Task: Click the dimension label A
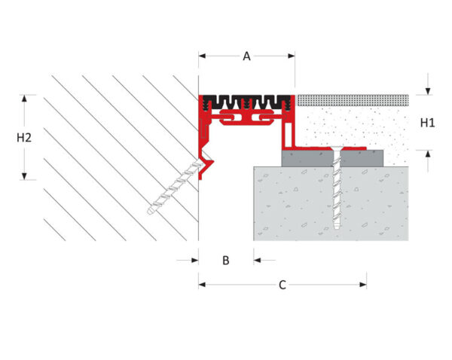tap(246, 56)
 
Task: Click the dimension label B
tap(226, 261)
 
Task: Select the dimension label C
tap(282, 285)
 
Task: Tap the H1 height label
tap(427, 123)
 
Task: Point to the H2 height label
tap(24, 138)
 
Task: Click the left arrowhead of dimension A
tap(202, 56)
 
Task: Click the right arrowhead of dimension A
tap(292, 56)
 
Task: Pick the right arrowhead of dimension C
tap(363, 285)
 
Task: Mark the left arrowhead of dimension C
tap(202, 285)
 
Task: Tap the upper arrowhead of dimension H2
tap(24, 99)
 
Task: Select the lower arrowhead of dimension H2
tap(24, 176)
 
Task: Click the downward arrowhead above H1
tap(428, 91)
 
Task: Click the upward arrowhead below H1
tap(428, 154)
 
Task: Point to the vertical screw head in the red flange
tap(336, 148)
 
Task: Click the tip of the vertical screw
tap(336, 228)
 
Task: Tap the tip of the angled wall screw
tap(149, 212)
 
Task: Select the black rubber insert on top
tap(246, 102)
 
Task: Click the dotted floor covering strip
tap(353, 100)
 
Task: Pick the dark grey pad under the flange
tap(332, 158)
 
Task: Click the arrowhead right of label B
tap(257, 261)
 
